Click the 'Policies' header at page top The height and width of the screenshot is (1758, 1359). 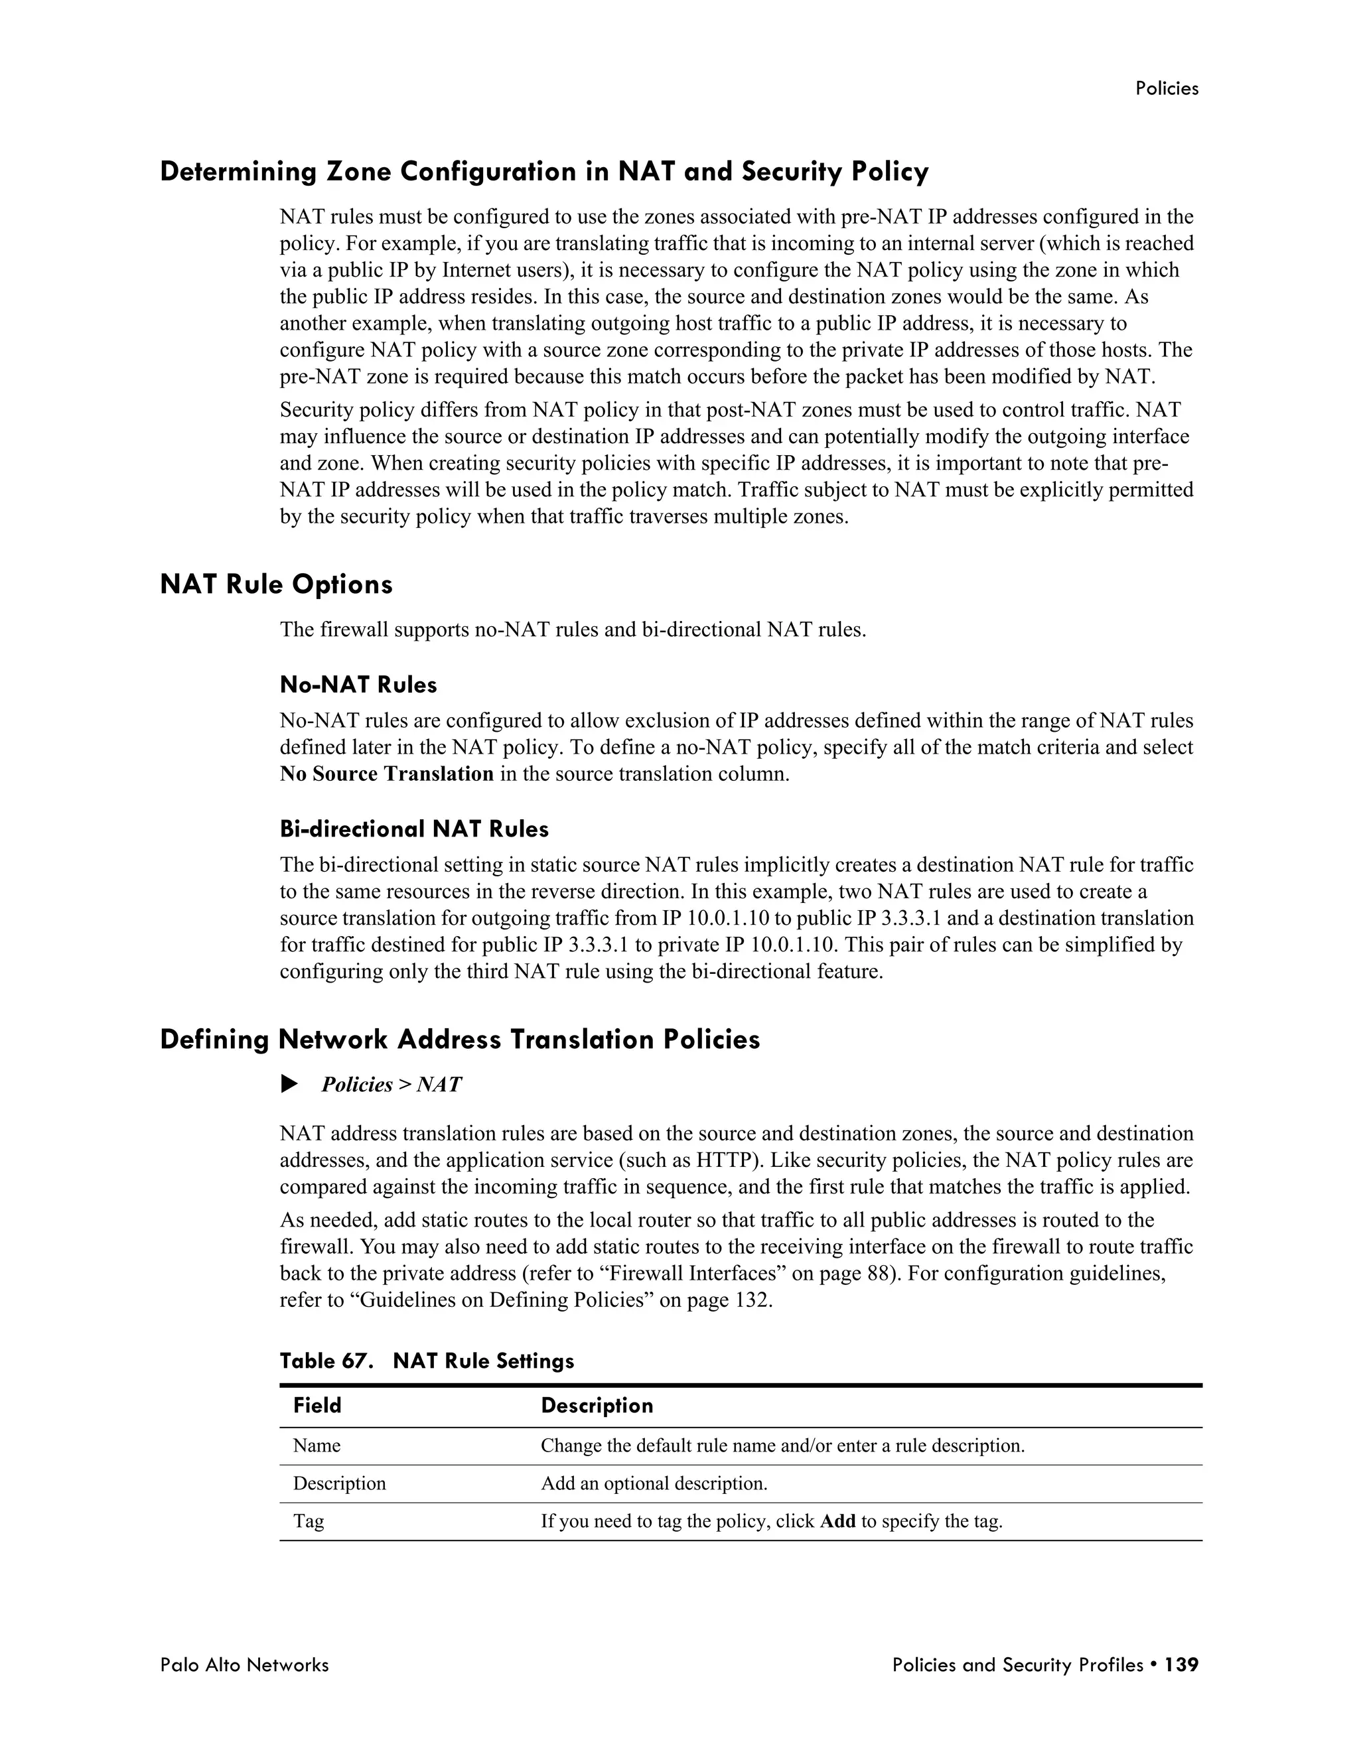[1166, 88]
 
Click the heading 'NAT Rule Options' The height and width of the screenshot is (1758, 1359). [276, 584]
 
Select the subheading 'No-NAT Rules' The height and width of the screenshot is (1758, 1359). [358, 685]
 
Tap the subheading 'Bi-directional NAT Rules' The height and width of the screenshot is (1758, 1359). [414, 829]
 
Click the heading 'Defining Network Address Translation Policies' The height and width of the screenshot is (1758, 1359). [460, 1040]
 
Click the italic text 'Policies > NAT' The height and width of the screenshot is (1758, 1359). [392, 1085]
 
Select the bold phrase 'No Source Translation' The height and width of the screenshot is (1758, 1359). [386, 774]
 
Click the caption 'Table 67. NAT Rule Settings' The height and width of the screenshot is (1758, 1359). [427, 1361]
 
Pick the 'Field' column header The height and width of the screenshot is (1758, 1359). [317, 1406]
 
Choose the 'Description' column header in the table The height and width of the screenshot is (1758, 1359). [597, 1406]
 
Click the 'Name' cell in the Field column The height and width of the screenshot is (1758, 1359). [317, 1446]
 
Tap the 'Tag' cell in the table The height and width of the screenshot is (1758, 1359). [309, 1522]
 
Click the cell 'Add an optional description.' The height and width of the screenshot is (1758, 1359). [654, 1483]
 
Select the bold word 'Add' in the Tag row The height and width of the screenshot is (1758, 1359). [837, 1522]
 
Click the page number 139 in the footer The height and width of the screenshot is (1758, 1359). [1182, 1664]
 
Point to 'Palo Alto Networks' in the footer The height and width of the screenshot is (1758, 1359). [244, 1664]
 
